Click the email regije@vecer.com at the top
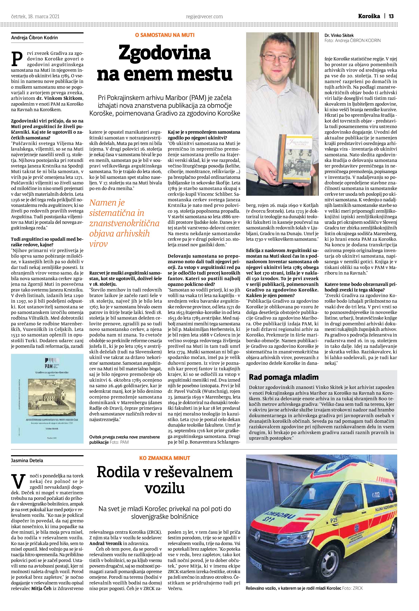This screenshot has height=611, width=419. tap(204, 17)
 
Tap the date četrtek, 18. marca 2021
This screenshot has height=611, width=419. tap(35, 17)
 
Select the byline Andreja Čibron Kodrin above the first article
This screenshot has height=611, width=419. tap(35, 38)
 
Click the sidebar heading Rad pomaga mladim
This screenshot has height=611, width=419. tap(284, 377)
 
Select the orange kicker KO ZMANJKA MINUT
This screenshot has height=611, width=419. tap(165, 458)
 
